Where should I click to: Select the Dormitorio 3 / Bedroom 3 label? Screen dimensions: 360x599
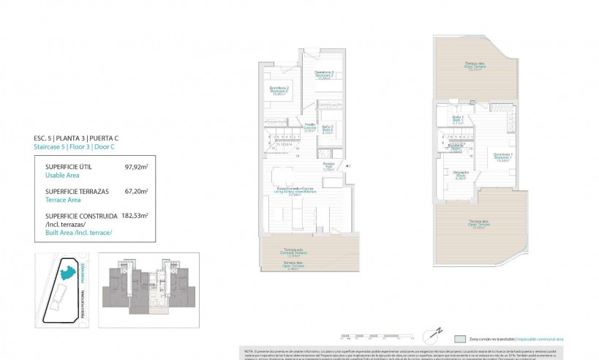324,74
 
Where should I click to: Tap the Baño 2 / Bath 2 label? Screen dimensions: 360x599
328,132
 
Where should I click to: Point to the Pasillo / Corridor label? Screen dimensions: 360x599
310,127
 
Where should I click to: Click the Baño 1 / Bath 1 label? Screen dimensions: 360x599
458,121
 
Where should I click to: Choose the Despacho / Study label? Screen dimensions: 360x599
460,176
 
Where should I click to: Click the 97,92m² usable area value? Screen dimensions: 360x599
137,167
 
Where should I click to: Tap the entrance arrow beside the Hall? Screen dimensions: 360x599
348,166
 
